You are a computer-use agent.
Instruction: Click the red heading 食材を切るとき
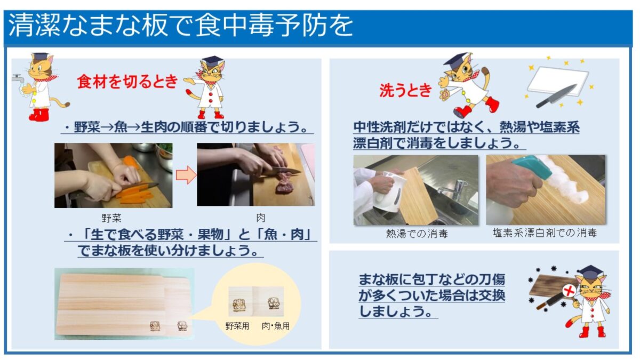coord(127,82)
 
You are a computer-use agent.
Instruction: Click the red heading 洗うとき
coord(405,91)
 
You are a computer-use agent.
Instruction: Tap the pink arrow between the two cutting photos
coord(186,174)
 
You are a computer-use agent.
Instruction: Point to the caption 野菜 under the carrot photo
coord(111,218)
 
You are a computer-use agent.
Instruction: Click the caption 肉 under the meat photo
coord(260,218)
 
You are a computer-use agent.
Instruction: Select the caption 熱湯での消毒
coord(417,234)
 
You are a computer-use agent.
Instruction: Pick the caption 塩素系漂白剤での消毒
coord(545,233)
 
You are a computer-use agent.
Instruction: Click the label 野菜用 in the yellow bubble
coord(237,326)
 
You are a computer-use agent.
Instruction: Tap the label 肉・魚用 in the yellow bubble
coord(275,326)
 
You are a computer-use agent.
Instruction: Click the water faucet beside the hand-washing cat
coord(18,78)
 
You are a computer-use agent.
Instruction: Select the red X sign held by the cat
coord(569,291)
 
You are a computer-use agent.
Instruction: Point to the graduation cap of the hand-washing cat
coord(40,56)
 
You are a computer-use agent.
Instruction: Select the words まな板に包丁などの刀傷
coord(432,279)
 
